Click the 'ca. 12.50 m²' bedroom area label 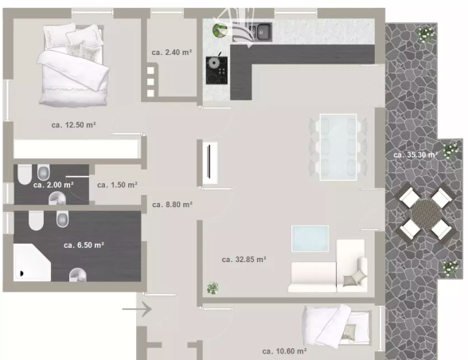(x=73, y=125)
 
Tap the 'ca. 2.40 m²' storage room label (x=172, y=53)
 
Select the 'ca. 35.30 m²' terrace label (x=415, y=155)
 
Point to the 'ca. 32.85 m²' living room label (x=244, y=260)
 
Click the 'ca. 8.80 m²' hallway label (x=172, y=205)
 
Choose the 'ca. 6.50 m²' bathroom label (x=84, y=245)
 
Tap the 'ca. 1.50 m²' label (x=117, y=185)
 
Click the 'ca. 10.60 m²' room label (x=284, y=351)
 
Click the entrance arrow (x=137, y=309)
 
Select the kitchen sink (x=260, y=32)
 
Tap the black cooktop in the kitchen (x=216, y=71)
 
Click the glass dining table (x=338, y=147)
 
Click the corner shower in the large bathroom (x=32, y=262)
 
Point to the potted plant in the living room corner (x=213, y=288)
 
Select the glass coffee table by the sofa (x=310, y=238)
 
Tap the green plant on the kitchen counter (x=220, y=30)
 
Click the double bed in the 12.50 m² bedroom (x=74, y=65)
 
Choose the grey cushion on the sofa (x=355, y=279)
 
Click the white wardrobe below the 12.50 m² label (x=76, y=149)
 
